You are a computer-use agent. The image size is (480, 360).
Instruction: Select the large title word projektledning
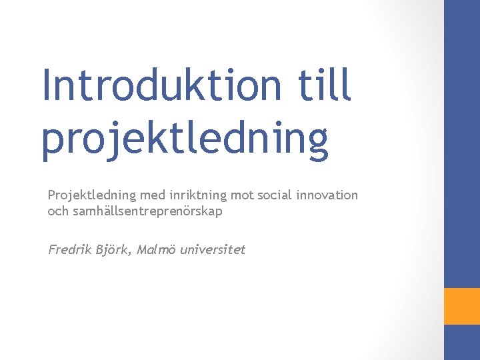185,139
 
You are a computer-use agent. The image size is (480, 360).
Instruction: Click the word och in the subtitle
57,211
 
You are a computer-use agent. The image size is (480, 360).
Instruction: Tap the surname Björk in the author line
115,251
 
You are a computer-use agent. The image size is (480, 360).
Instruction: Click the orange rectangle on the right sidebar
462,306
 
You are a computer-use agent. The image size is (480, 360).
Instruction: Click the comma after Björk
134,255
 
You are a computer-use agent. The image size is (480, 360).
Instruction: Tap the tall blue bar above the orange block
462,143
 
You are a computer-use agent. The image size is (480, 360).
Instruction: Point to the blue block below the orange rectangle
462,342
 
